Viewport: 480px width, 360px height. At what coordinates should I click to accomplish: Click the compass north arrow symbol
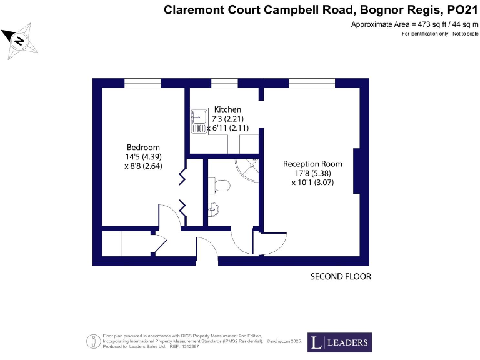click(x=19, y=41)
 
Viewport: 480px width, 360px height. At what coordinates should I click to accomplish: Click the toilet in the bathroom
click(x=220, y=184)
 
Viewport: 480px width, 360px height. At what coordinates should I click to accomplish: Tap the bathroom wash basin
click(x=214, y=209)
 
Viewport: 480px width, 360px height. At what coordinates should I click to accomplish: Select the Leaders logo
click(x=339, y=342)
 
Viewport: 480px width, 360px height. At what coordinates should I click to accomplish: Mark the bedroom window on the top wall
click(x=142, y=83)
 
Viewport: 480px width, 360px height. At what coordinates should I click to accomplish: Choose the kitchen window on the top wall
click(x=224, y=83)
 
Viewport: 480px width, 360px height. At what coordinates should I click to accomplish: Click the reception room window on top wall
click(x=311, y=83)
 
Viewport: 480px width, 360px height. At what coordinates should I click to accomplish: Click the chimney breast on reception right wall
click(x=357, y=171)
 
